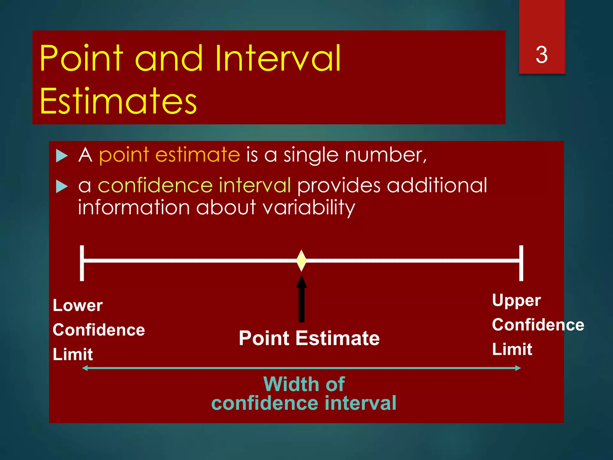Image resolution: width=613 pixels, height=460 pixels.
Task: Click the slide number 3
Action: pos(541,55)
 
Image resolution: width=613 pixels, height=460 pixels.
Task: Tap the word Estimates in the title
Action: pos(118,101)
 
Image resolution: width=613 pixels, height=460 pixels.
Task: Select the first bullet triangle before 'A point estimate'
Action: pos(62,156)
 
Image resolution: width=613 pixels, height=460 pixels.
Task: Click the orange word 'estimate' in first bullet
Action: pos(198,155)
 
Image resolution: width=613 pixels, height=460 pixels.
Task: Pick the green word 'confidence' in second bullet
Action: pos(155,185)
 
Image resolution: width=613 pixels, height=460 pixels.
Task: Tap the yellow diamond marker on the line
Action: pos(301,261)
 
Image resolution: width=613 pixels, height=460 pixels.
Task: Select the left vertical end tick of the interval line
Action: pos(82,263)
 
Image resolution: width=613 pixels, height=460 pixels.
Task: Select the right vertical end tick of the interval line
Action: pos(521,263)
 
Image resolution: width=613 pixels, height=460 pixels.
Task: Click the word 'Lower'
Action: pos(78,306)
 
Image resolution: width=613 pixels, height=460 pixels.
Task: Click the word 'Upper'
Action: pos(516,301)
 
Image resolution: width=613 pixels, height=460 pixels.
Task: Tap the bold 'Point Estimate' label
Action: pos(309,338)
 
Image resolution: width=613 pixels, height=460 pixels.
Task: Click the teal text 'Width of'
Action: pos(304,384)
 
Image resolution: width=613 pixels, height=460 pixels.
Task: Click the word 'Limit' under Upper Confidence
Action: pos(512,349)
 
